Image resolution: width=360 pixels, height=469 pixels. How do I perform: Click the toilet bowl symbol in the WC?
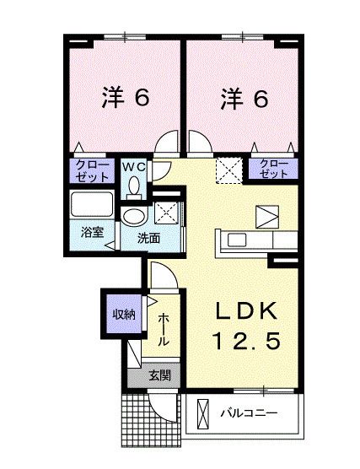135,187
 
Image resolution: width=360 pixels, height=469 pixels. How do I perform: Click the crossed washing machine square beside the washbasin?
165,212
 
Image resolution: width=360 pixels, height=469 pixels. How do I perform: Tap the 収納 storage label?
124,315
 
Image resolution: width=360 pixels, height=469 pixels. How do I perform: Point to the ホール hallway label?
164,330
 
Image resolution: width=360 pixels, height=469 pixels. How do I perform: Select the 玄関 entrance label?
159,375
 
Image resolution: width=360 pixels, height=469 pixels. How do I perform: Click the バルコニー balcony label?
252,414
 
